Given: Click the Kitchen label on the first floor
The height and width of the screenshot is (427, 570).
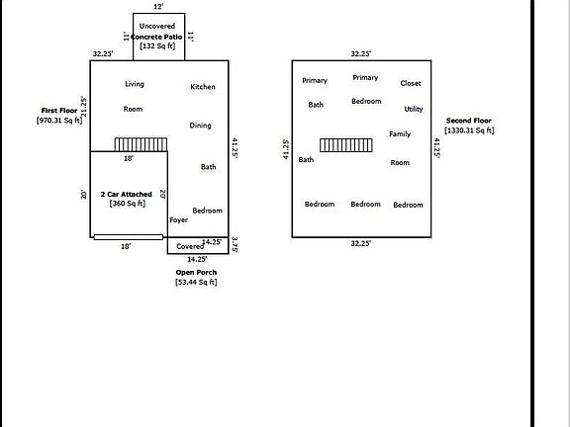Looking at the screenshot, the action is tap(203, 87).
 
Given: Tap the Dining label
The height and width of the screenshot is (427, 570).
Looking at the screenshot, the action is tap(200, 126).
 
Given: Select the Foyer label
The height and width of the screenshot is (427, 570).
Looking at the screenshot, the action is tap(179, 220).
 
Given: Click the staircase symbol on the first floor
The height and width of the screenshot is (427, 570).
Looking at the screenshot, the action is tap(142, 144).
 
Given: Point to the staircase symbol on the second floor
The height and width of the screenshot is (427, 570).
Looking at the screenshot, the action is tap(346, 145).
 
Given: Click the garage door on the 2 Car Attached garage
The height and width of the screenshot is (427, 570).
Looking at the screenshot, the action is tap(129, 237).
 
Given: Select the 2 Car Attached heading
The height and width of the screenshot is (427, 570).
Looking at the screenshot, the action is tap(126, 195).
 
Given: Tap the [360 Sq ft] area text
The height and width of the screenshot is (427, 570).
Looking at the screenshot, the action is tap(128, 204).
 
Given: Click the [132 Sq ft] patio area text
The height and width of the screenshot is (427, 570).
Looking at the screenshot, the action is tap(157, 46).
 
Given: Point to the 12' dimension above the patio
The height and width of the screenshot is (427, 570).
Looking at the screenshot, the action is tap(158, 7).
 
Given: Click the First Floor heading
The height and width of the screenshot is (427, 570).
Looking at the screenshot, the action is tap(59, 111).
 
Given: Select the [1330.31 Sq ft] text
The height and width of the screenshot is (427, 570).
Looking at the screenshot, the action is tap(469, 130).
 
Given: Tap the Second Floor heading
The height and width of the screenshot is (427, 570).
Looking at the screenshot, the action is tap(469, 121).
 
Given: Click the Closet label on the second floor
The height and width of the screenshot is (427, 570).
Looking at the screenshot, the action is tap(411, 83).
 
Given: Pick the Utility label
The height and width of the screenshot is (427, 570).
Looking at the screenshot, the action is tap(414, 109).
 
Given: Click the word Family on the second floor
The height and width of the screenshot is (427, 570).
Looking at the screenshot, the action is tap(400, 134).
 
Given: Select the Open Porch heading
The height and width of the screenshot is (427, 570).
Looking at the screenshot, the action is tap(196, 273).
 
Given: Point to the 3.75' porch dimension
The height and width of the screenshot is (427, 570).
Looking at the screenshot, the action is tap(235, 245).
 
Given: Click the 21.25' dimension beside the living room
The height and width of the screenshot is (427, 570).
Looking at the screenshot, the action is tap(84, 107).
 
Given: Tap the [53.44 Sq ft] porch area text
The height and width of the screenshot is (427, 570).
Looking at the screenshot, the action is tap(196, 282).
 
